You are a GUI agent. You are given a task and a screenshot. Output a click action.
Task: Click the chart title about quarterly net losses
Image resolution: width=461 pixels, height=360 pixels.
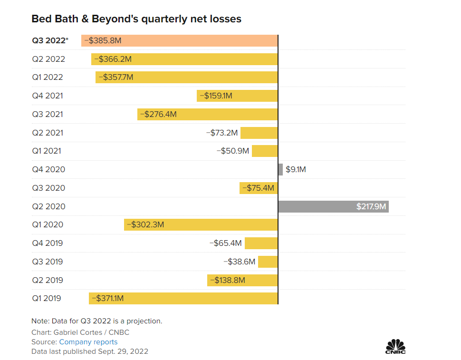point(136,19)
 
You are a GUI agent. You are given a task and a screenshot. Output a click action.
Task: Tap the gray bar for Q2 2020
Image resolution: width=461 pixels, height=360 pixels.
point(333,206)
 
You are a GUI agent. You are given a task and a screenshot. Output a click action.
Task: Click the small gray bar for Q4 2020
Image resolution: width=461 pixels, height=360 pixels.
point(280,169)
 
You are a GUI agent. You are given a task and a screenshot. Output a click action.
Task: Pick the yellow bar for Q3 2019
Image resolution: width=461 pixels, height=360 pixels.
point(268,262)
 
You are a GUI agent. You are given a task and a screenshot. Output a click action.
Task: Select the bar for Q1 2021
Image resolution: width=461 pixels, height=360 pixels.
point(265,151)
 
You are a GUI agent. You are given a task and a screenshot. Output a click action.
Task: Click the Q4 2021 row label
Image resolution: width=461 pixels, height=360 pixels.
point(48,96)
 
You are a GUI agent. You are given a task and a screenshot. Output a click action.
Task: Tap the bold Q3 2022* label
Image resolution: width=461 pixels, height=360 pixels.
point(50,41)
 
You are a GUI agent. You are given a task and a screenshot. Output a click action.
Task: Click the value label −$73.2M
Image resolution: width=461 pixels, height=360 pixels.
point(222,133)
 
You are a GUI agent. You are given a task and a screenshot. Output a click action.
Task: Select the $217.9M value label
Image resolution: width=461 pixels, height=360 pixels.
point(371,206)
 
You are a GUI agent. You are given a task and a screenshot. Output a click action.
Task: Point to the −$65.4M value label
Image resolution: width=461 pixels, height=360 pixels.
point(226,243)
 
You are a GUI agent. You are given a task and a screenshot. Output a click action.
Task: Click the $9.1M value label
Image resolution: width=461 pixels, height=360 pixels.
point(296,169)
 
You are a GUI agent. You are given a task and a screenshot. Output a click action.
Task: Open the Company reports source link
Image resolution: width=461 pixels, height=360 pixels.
point(88,342)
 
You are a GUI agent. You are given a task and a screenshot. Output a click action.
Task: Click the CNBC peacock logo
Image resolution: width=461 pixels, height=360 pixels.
point(395,347)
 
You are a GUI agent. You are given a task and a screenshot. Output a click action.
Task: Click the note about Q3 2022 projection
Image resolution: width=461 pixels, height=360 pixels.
point(97,321)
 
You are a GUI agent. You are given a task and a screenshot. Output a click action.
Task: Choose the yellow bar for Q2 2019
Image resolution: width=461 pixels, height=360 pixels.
point(242,280)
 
